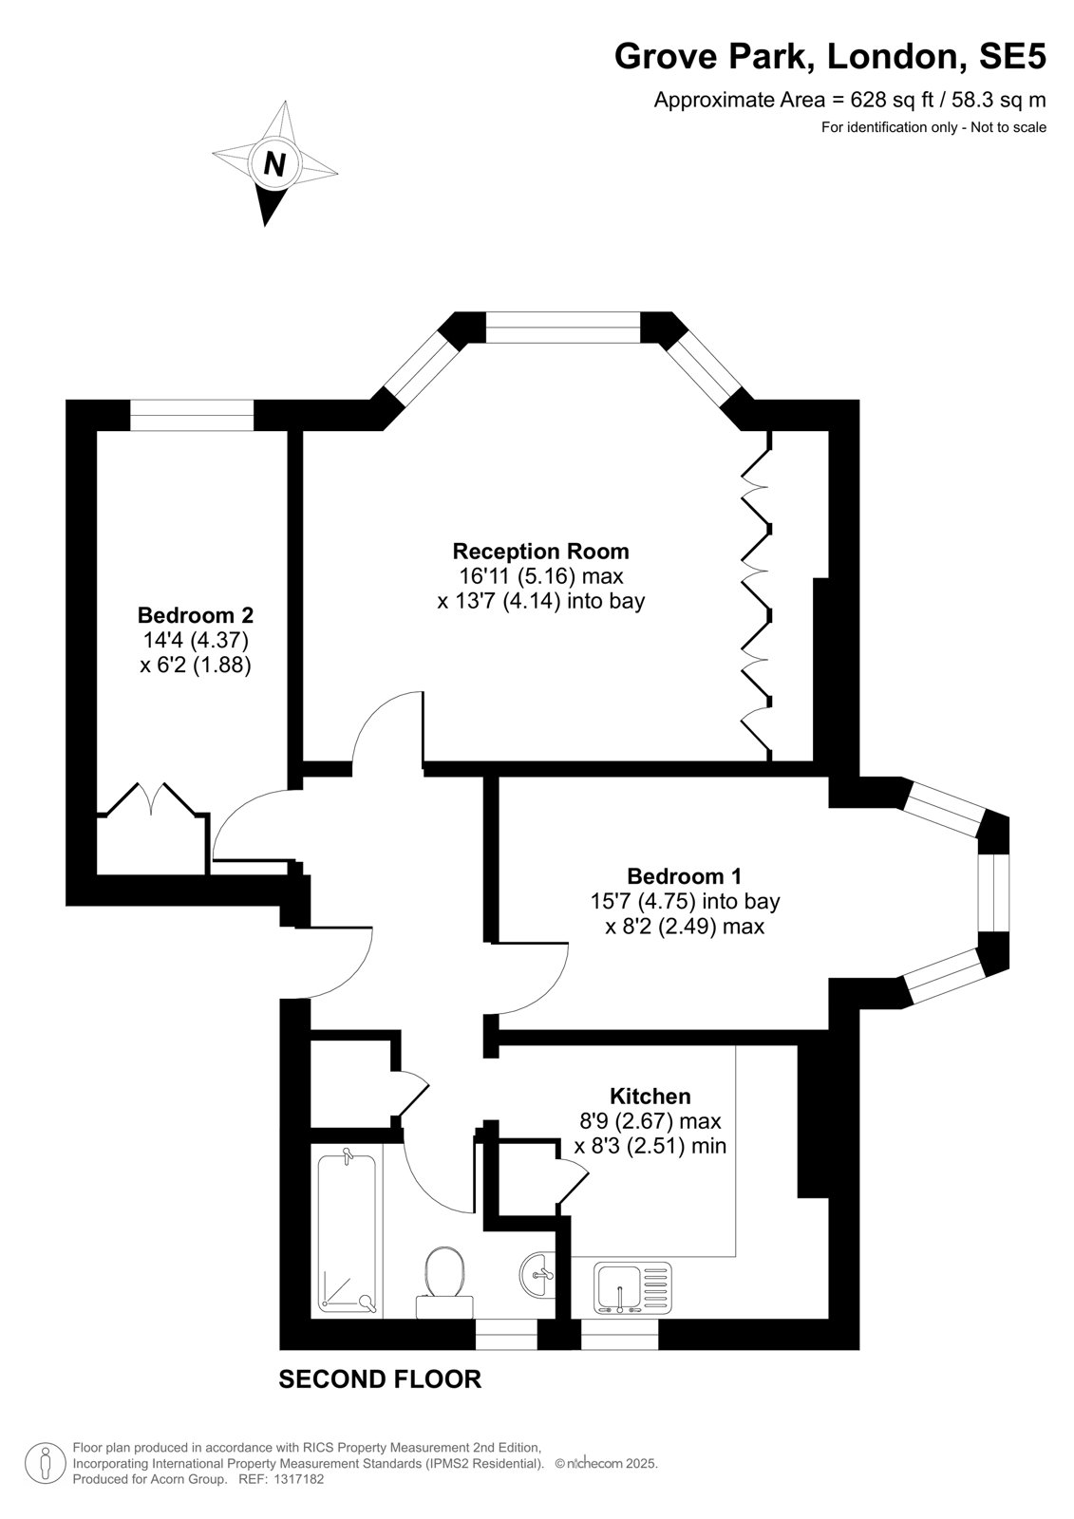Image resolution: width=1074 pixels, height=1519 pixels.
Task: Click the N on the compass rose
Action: coord(274,163)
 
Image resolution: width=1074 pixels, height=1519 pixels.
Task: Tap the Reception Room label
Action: coord(540,552)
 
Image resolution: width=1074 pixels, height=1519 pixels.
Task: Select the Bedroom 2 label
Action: coord(196,615)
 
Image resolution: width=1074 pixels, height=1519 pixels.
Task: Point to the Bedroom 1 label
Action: coord(685,876)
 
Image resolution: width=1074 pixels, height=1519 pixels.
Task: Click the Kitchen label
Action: coord(650,1096)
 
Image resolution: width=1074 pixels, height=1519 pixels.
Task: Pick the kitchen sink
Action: coord(633,1287)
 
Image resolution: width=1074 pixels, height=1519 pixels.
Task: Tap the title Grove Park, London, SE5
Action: coord(830,57)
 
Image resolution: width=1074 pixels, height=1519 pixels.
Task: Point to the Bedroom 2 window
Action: coord(192,415)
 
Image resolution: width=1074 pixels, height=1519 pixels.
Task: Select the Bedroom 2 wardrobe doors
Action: coord(153,798)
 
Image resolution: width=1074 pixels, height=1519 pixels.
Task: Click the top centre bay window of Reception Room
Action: coord(563,327)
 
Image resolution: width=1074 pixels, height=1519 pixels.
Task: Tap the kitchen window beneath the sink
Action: coord(619,1334)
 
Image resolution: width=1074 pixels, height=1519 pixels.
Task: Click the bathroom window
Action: coord(506,1334)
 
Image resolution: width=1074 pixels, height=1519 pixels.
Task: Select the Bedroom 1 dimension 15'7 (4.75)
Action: coord(643,901)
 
